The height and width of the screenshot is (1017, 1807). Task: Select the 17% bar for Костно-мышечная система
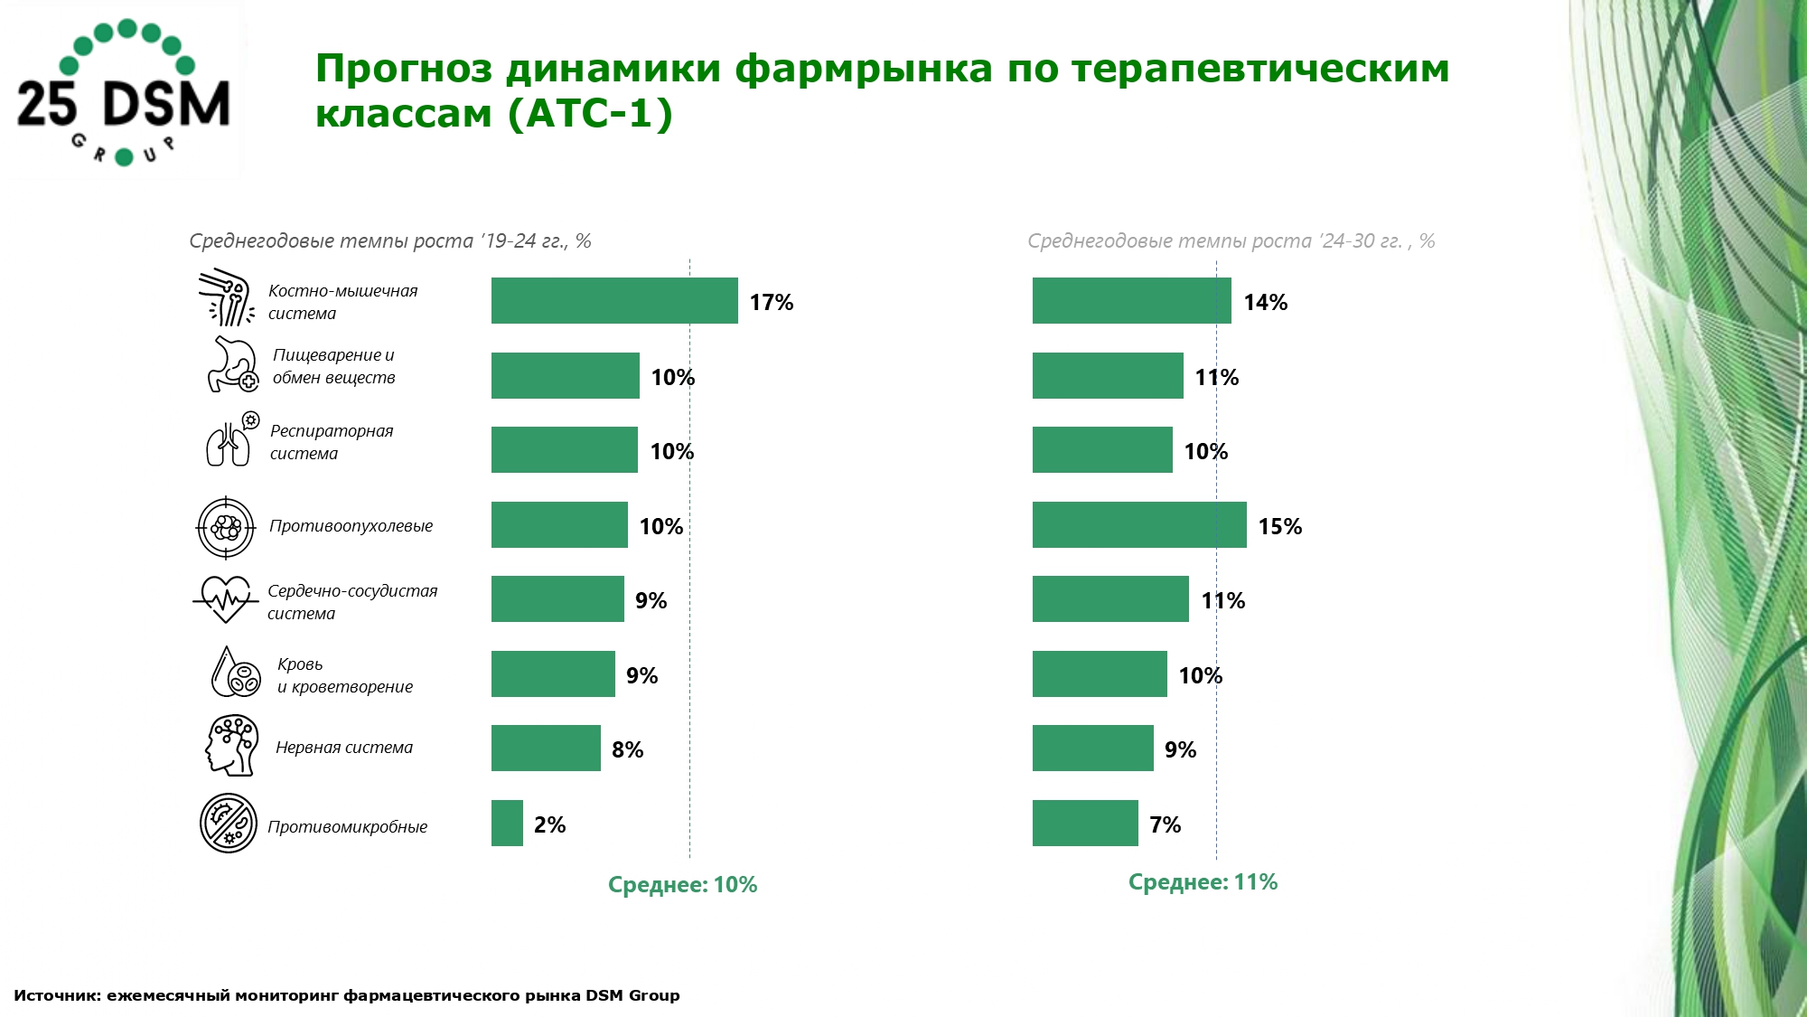[614, 301]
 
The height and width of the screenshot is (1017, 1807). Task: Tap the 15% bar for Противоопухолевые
[1139, 525]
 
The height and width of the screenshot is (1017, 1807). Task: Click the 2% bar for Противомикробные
[507, 824]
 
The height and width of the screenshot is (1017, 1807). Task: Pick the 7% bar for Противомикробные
[1085, 824]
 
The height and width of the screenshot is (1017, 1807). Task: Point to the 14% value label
[1265, 303]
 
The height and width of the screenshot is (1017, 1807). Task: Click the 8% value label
[627, 750]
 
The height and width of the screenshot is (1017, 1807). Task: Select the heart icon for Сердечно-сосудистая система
[225, 599]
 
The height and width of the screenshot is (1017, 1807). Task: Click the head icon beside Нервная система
[231, 746]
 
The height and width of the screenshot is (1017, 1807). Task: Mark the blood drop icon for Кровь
[234, 673]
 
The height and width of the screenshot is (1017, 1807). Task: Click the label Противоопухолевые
[351, 526]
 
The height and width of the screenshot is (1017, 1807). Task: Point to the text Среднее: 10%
[682, 885]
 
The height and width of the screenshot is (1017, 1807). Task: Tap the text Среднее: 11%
[1203, 882]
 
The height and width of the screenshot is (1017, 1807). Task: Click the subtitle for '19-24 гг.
[389, 241]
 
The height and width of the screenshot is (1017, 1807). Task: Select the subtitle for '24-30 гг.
[1231, 241]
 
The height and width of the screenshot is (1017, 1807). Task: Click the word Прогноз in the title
[404, 70]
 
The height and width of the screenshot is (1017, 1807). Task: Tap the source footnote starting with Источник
[346, 995]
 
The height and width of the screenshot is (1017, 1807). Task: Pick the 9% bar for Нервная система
[1092, 749]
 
